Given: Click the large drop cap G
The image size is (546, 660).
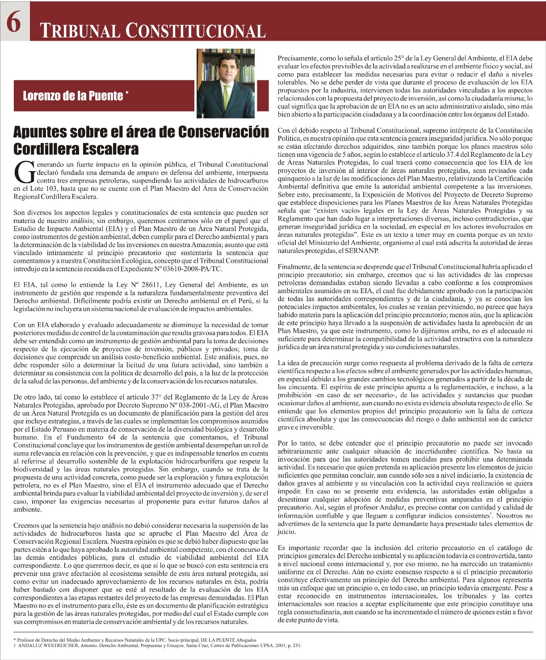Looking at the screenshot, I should pyautogui.click(x=23, y=172).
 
